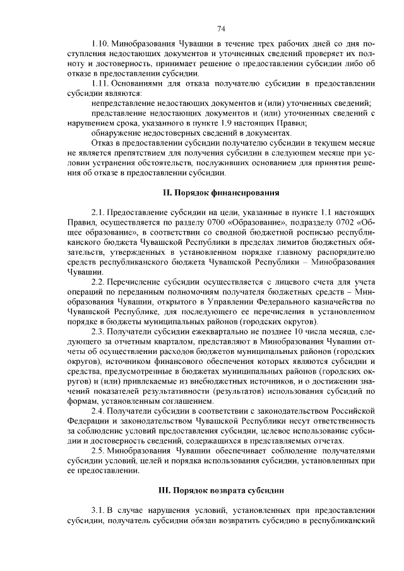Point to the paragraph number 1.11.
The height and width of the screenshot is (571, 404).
pos(101,83)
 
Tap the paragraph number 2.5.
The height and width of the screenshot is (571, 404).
pos(98,451)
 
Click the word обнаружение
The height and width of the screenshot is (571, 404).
pos(119,134)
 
